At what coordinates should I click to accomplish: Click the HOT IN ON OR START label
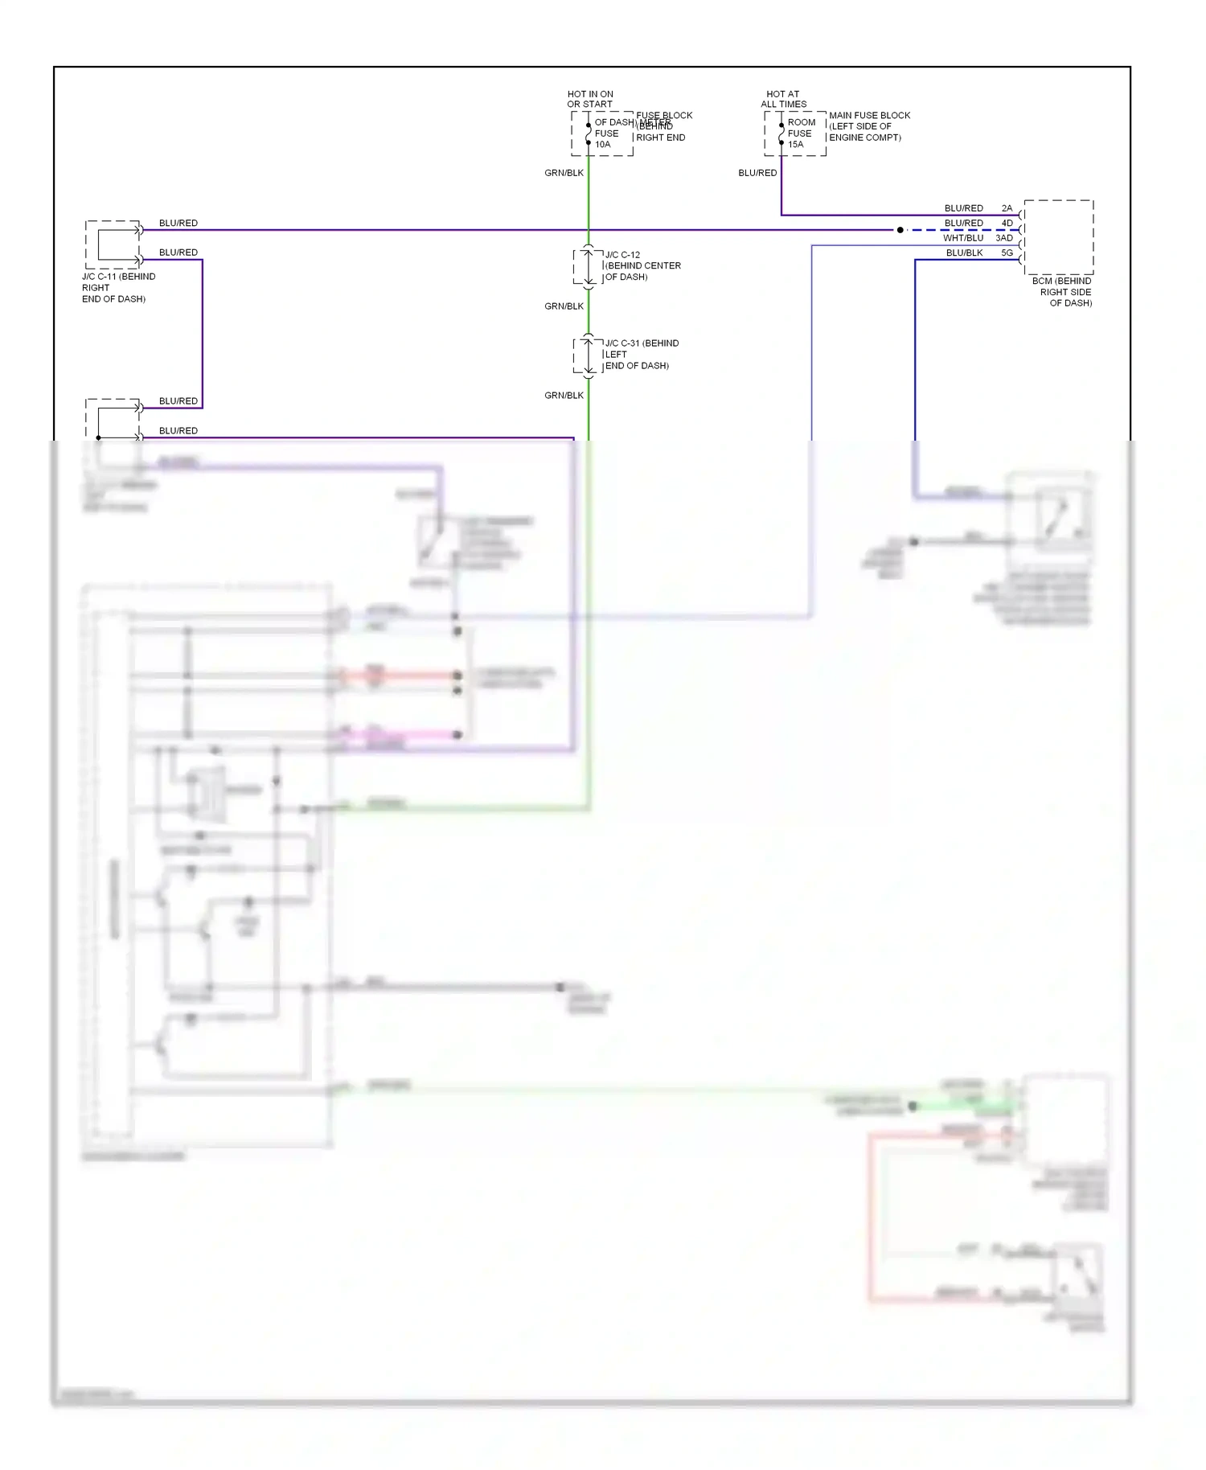pos(589,99)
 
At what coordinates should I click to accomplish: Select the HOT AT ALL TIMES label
pos(783,99)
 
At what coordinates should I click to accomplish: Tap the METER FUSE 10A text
pos(606,133)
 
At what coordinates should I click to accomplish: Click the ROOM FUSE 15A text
pos(800,133)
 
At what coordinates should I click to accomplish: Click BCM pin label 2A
pos(1007,208)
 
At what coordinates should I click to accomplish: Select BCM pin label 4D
pos(1007,223)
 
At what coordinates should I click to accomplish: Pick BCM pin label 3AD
pos(1004,238)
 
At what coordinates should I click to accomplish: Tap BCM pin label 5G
pos(1007,253)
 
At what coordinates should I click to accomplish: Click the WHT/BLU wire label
pos(962,238)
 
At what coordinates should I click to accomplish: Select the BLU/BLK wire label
pos(964,253)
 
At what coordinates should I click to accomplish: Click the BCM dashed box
pos(1058,237)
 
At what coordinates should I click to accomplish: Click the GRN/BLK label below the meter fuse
pos(564,173)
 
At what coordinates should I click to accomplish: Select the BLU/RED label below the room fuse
pos(757,173)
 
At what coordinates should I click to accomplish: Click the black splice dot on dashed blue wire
pos(900,230)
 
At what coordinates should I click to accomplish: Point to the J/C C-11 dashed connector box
pos(113,244)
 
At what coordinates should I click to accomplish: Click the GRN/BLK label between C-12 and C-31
pos(564,306)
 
